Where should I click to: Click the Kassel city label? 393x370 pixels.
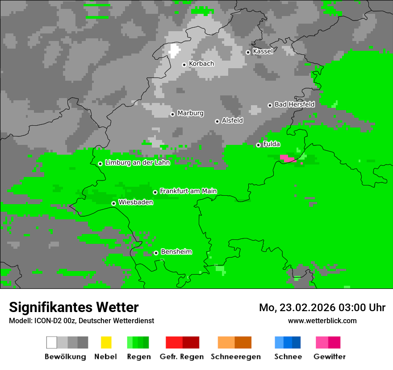263,51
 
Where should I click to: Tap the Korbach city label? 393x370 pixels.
201,64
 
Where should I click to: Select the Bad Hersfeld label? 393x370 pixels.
294,104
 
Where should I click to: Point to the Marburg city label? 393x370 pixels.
190,113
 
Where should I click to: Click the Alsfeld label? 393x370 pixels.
232,120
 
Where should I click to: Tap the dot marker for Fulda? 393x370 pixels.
258,145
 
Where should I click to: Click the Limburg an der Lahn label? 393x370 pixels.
137,163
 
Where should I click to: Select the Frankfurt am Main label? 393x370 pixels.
188,191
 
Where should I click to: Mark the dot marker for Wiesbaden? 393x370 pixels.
114,203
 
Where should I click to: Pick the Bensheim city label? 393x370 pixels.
176,252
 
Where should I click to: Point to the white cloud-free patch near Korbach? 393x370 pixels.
174,51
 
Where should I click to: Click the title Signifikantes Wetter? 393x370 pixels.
74,307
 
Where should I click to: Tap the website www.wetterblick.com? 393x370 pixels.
322,321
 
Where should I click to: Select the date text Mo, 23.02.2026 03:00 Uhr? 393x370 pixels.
322,308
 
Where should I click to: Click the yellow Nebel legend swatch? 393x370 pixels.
106,342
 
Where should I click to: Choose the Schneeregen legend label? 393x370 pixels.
235,357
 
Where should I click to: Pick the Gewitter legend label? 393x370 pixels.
330,357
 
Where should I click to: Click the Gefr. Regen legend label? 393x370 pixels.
182,357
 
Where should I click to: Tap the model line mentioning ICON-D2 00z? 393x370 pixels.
81,321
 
